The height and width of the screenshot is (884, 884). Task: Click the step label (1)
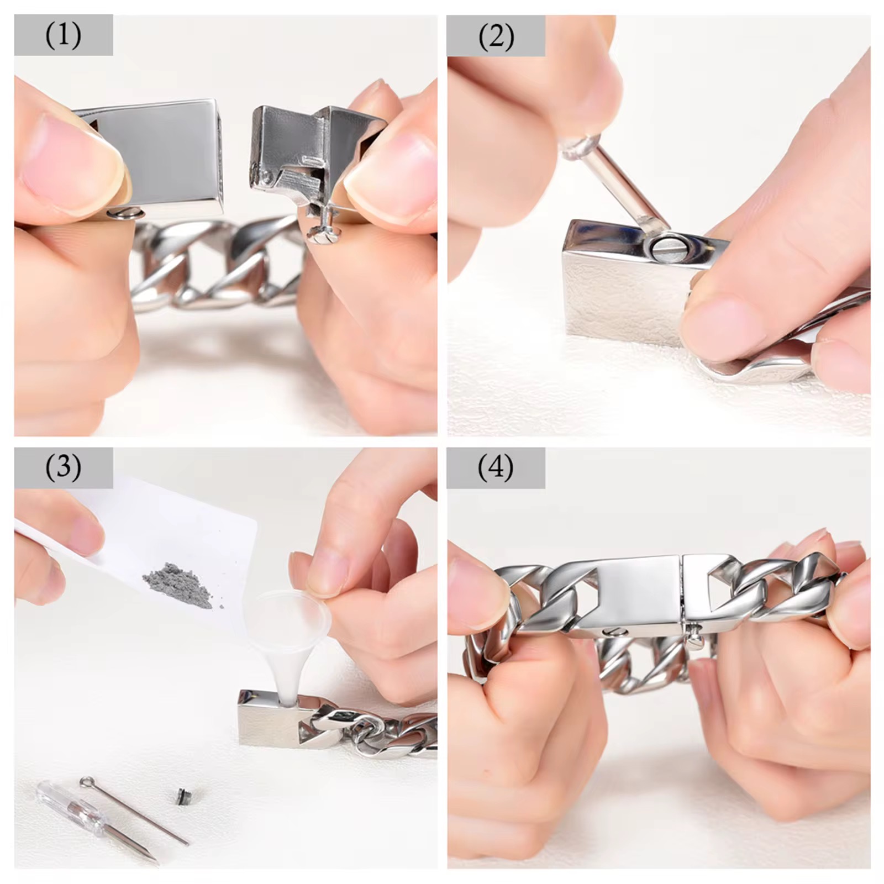click(64, 36)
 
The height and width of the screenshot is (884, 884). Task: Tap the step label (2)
click(496, 37)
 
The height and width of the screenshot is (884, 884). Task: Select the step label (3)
click(64, 467)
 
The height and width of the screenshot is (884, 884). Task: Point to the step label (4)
click(496, 468)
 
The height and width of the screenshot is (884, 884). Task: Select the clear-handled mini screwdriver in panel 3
click(97, 823)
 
